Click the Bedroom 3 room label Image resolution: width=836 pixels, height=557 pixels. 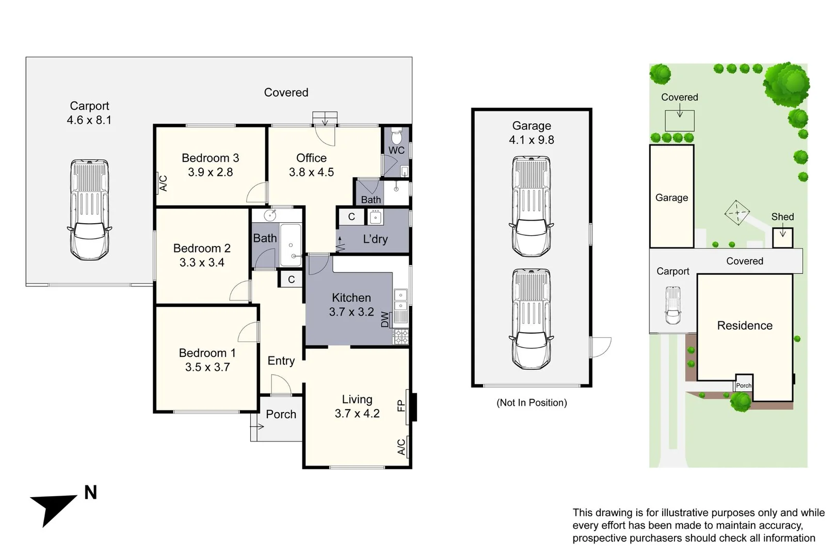tap(210, 158)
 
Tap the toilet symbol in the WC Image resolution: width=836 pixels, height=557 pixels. tap(396, 137)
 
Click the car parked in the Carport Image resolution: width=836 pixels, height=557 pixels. tap(89, 210)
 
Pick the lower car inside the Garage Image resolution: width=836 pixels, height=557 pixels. tap(531, 319)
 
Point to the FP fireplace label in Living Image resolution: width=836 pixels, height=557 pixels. tap(401, 406)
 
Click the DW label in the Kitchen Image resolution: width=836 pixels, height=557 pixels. tap(385, 320)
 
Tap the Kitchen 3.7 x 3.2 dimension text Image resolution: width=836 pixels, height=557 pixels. tap(351, 312)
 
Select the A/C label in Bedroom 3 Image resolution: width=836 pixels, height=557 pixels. tap(163, 184)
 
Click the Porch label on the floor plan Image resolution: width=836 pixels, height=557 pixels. tap(281, 414)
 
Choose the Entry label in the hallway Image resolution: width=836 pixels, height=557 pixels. tap(281, 361)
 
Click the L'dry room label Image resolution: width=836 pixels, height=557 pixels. tap(375, 239)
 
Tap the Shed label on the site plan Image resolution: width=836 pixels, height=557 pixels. tap(782, 217)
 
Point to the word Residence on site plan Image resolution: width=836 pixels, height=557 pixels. tap(745, 325)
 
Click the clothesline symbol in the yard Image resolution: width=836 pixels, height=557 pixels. tap(737, 212)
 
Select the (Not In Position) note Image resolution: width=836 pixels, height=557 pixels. tap(532, 402)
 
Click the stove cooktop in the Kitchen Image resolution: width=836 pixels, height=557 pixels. tap(401, 337)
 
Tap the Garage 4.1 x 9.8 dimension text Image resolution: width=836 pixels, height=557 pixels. tap(532, 140)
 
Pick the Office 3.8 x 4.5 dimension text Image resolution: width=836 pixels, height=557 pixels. tap(311, 172)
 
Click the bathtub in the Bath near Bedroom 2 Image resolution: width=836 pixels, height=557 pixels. tap(291, 245)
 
